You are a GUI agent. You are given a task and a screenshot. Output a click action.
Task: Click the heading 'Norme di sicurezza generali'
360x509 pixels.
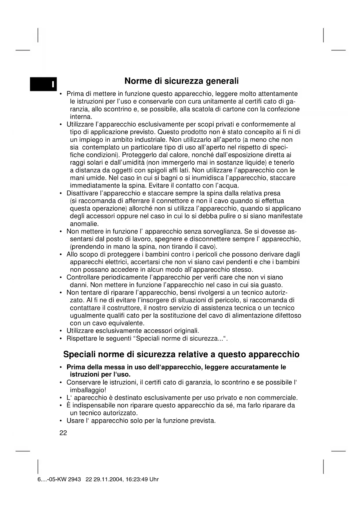click(x=181, y=81)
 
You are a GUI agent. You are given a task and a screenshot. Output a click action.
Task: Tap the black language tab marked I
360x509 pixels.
click(x=44, y=84)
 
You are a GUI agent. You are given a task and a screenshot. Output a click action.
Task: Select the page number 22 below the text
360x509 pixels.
click(x=63, y=433)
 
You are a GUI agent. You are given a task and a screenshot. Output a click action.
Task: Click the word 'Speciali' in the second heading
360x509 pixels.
click(x=79, y=354)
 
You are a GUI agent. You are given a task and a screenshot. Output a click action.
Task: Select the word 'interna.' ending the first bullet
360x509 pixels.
click(x=81, y=117)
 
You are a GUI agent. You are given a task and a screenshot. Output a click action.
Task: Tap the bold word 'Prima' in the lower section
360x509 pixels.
click(x=75, y=367)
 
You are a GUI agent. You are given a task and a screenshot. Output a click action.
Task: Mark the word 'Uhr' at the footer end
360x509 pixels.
click(x=154, y=479)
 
